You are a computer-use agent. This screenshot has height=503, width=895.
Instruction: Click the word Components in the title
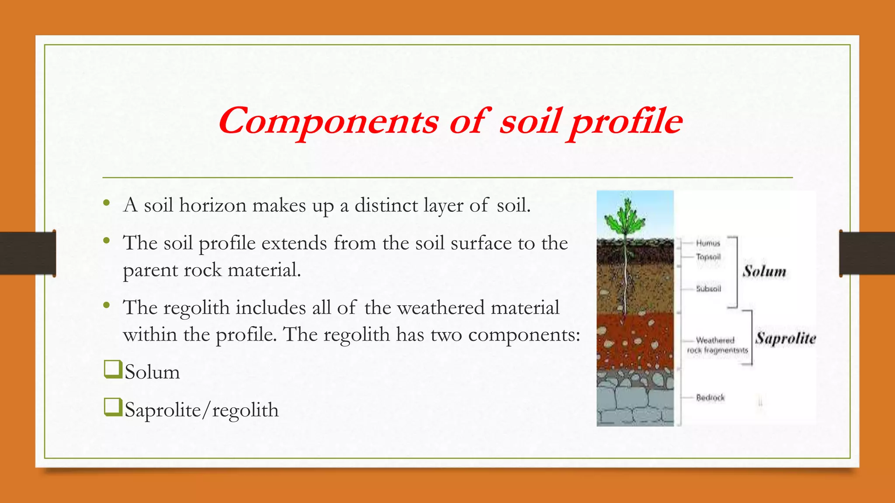coord(328,121)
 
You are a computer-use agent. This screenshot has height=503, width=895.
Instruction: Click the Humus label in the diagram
coord(708,243)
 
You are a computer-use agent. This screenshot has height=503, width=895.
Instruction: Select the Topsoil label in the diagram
coord(708,257)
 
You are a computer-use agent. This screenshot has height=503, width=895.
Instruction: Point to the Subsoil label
coord(708,289)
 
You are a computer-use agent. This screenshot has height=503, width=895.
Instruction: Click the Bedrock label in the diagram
coord(710,398)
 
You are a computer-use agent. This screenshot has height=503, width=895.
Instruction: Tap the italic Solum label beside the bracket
coord(764,271)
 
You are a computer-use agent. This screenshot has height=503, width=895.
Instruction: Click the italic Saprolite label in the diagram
coord(786,338)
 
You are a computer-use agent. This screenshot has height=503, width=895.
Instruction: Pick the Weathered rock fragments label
coord(717,345)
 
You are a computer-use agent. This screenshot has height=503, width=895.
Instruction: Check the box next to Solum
coord(112,369)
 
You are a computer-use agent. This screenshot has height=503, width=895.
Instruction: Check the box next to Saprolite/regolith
coord(112,407)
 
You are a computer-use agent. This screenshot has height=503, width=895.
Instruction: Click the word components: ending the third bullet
coord(524,335)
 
